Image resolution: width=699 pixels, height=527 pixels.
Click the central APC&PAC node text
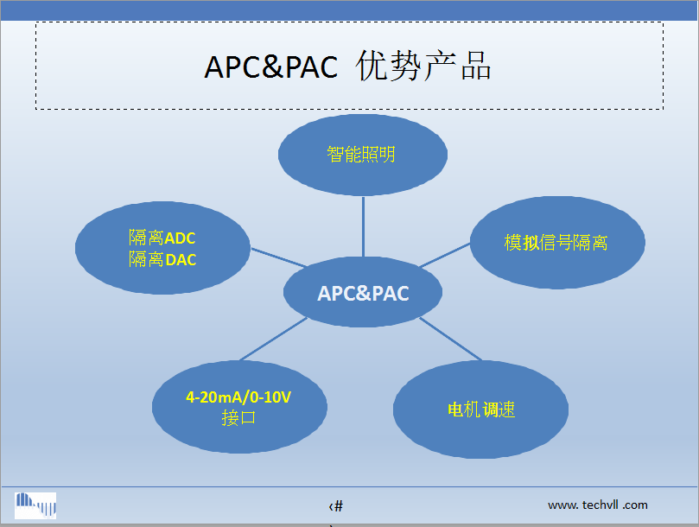click(x=363, y=294)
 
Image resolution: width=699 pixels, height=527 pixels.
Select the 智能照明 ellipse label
click(x=361, y=155)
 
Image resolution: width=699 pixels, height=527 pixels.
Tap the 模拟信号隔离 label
click(x=556, y=243)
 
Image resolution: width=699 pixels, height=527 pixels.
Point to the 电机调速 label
click(x=481, y=410)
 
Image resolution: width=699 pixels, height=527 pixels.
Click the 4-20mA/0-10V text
click(x=238, y=397)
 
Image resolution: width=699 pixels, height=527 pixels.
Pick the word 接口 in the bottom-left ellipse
click(x=238, y=418)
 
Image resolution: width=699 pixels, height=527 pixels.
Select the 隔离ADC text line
click(x=162, y=238)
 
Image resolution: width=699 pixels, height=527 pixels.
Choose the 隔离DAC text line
click(x=162, y=259)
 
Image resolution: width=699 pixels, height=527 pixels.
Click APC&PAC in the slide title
click(x=271, y=67)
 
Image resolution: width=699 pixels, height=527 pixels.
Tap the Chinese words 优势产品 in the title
click(x=423, y=66)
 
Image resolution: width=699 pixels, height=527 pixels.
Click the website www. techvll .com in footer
click(x=598, y=505)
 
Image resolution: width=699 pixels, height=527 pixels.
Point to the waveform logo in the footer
click(x=35, y=505)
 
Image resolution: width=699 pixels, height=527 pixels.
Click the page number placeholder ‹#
click(x=336, y=506)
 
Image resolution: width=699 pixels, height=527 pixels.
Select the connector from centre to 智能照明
click(x=363, y=226)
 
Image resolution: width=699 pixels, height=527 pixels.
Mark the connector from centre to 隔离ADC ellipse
click(x=279, y=257)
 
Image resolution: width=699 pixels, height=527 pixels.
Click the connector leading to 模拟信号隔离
click(x=445, y=255)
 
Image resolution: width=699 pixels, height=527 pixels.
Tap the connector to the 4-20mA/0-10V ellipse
click(x=273, y=339)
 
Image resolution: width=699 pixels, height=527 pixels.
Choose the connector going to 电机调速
click(x=450, y=339)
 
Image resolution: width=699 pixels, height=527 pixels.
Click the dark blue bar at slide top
click(x=349, y=10)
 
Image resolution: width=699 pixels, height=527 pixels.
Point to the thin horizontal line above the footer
click(x=349, y=486)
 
